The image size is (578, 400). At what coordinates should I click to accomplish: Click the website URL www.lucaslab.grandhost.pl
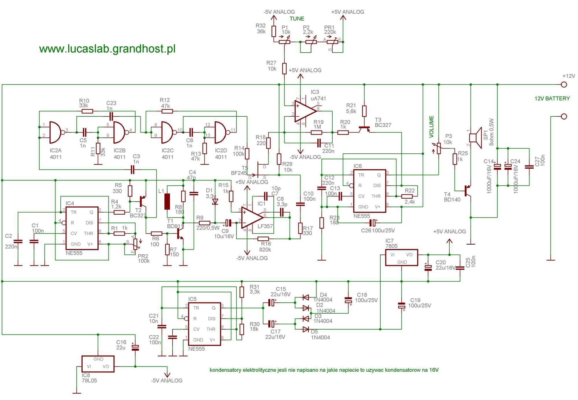click(x=107, y=49)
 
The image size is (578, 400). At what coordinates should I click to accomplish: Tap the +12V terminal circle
click(x=564, y=85)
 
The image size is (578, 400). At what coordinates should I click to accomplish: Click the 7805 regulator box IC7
click(x=401, y=258)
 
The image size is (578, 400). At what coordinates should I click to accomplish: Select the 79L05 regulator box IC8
click(x=98, y=364)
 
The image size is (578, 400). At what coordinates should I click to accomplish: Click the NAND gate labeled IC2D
click(x=221, y=132)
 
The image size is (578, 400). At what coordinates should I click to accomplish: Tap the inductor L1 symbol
click(x=167, y=201)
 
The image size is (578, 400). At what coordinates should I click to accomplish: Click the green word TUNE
click(x=297, y=19)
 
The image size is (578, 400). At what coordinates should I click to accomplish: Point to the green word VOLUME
click(x=431, y=126)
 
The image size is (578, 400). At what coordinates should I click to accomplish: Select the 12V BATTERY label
click(x=552, y=98)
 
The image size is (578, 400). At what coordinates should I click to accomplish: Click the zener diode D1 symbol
click(x=215, y=201)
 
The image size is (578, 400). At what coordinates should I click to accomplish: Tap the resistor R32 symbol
click(x=274, y=31)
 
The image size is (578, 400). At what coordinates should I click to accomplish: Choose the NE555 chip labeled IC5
click(x=204, y=324)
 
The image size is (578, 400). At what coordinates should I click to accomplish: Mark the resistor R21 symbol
click(x=364, y=111)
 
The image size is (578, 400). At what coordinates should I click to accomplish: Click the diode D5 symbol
click(x=306, y=329)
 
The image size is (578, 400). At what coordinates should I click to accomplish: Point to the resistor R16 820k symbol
click(x=263, y=239)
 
